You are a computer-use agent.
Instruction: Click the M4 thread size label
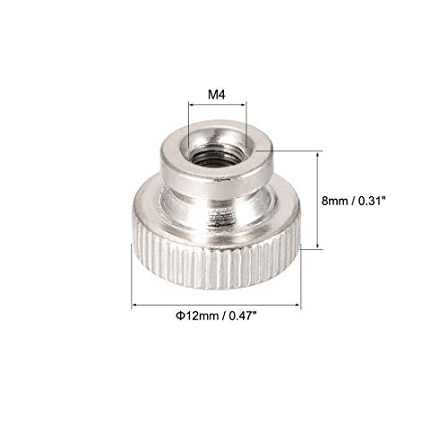(216, 92)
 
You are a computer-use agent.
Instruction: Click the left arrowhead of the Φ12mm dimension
(137, 305)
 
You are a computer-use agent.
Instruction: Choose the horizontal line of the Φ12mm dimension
(215, 305)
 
